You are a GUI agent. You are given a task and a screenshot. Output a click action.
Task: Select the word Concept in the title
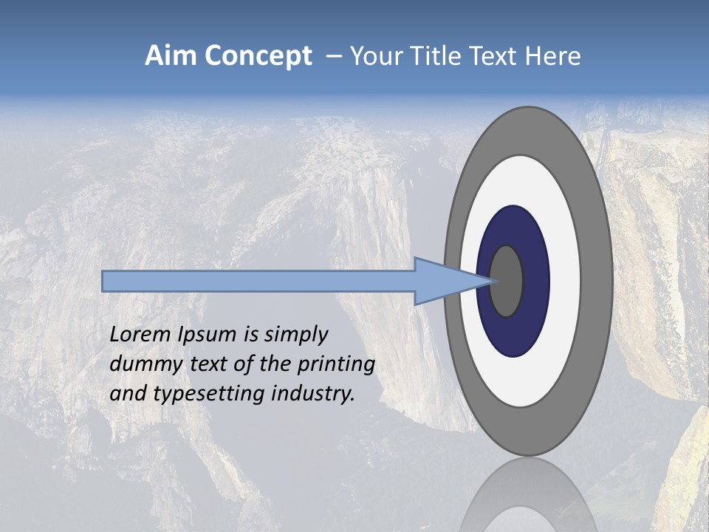point(258,56)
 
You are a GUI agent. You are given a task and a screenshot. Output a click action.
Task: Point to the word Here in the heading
point(554,56)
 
